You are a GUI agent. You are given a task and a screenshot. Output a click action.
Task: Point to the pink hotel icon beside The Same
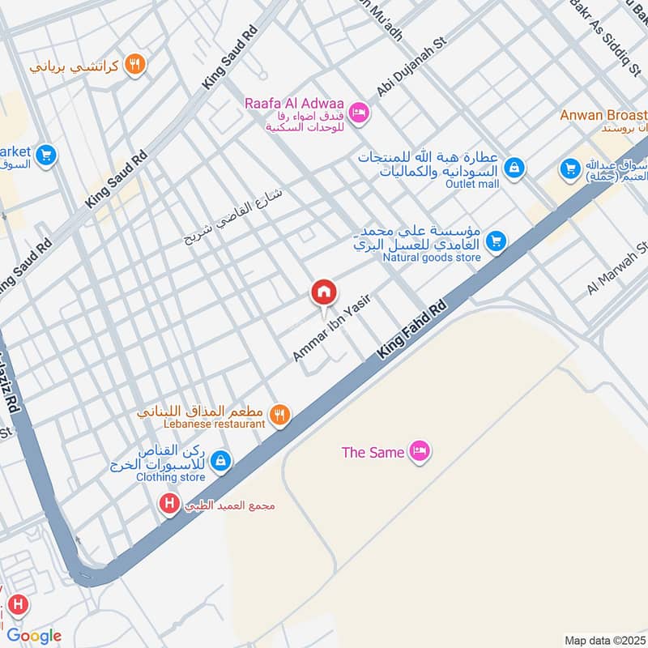pos(419,451)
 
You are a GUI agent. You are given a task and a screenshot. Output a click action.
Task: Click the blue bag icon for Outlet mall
pos(513,168)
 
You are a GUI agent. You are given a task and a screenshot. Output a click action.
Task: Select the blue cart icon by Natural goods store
pos(497,241)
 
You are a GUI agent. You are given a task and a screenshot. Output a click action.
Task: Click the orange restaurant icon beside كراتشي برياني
pos(136,65)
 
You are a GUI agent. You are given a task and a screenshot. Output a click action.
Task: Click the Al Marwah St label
pos(620,269)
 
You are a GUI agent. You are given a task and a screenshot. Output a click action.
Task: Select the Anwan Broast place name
pos(603,115)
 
